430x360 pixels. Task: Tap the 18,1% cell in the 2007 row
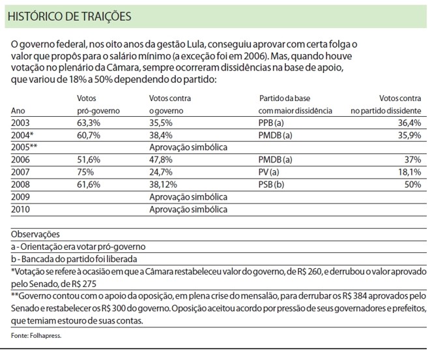point(409,172)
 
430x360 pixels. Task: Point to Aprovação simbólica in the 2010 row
point(188,209)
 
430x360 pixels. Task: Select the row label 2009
point(21,197)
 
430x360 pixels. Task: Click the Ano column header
point(18,111)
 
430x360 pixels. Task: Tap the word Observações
point(35,234)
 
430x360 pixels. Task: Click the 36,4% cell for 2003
point(409,123)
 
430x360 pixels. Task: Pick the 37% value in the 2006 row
point(412,160)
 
